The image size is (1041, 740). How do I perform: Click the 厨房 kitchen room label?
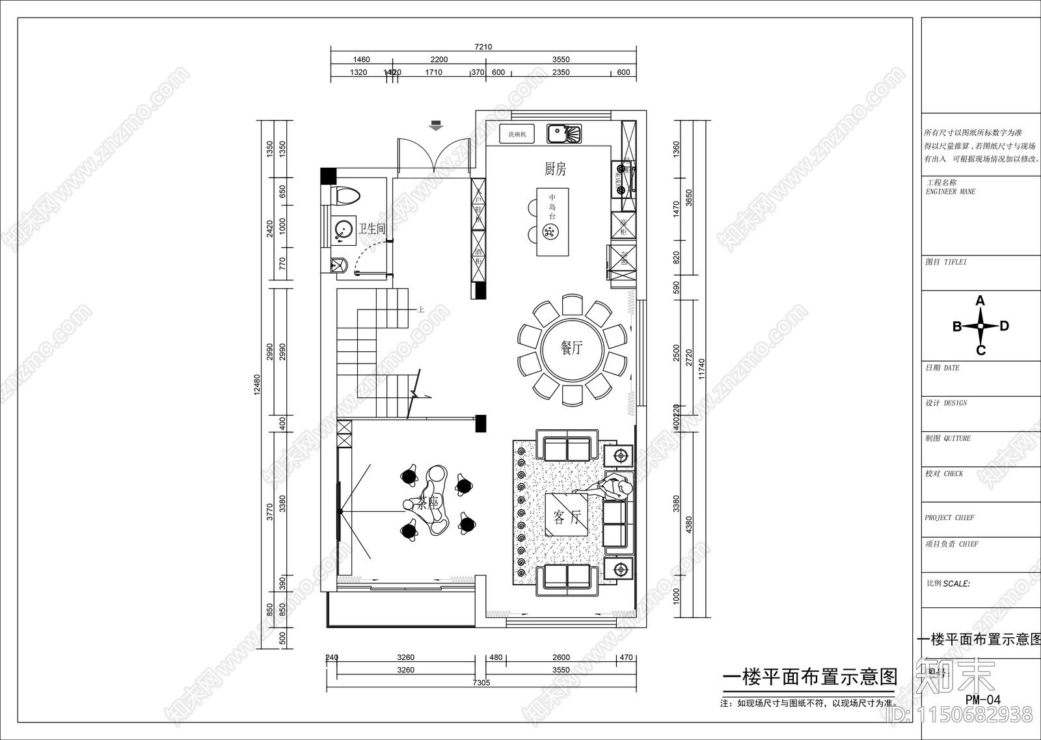tap(555, 169)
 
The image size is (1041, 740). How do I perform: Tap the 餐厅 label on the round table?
tap(572, 348)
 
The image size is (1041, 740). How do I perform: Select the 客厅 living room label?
tap(566, 518)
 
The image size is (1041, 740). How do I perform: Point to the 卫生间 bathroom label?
tap(372, 228)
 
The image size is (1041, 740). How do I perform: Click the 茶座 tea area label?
tap(429, 503)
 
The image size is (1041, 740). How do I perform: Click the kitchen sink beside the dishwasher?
tap(563, 134)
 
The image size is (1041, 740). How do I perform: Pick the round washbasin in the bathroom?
tap(343, 230)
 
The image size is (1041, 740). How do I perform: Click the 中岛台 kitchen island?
tap(552, 222)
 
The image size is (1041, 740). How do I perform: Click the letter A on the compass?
tap(980, 301)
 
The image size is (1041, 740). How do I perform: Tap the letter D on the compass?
tap(1005, 326)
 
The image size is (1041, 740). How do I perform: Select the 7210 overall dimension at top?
tap(483, 47)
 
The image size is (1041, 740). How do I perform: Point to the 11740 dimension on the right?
tap(701, 371)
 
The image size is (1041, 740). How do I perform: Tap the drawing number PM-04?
tap(982, 700)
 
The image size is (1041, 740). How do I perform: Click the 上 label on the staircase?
tap(421, 310)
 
